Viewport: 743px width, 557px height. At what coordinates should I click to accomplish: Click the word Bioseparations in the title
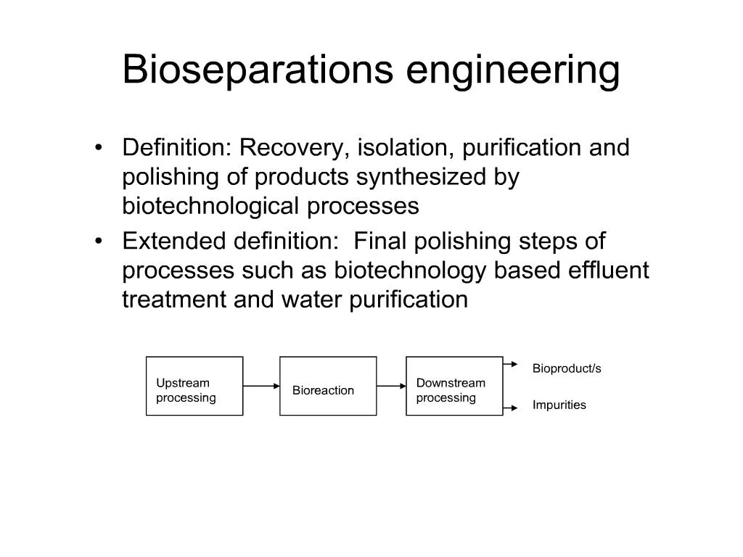click(258, 69)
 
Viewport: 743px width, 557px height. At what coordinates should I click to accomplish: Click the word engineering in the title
click(513, 71)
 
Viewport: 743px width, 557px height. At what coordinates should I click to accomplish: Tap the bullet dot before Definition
click(98, 147)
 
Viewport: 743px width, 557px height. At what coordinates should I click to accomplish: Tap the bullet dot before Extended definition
click(98, 241)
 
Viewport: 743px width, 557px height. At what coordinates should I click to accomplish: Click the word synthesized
click(422, 178)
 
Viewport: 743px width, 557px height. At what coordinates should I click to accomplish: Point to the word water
click(311, 300)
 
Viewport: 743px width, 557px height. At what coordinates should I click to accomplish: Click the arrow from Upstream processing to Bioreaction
click(261, 386)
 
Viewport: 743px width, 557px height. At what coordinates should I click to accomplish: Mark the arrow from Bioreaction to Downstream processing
click(391, 386)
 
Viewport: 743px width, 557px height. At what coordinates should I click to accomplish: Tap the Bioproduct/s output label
click(567, 368)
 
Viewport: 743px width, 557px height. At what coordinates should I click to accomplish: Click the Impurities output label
click(559, 405)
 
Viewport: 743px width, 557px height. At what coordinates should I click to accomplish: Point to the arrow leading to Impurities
click(510, 408)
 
